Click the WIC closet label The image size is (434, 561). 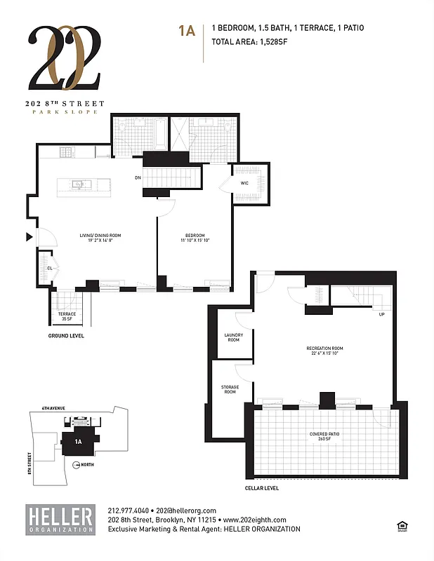[x=244, y=183]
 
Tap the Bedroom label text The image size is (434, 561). [x=195, y=237]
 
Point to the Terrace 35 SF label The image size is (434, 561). [x=67, y=316]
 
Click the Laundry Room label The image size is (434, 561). [x=234, y=337]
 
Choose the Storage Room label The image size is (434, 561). [x=230, y=389]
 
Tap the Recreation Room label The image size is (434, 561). [x=324, y=351]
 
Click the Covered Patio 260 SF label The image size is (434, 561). [x=324, y=436]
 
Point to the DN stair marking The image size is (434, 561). [x=138, y=177]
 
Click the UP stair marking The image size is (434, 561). [x=381, y=314]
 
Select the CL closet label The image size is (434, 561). [x=49, y=268]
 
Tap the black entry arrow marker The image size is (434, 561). [x=29, y=238]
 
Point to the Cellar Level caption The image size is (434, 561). [x=262, y=487]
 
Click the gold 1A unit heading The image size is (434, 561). [x=186, y=30]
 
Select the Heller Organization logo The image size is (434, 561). [x=60, y=519]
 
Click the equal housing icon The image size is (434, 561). [x=402, y=524]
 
